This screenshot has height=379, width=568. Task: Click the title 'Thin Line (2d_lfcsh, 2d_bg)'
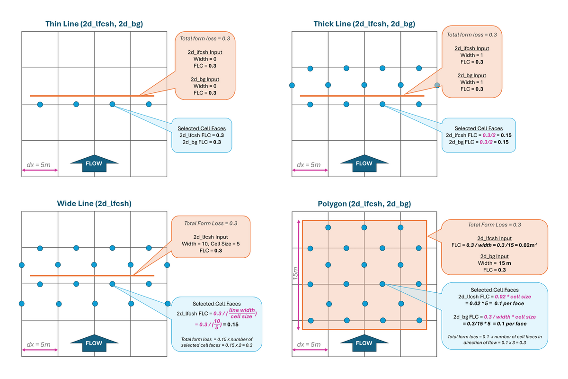[x=94, y=23]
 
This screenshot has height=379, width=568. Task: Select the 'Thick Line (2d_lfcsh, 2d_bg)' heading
[x=364, y=23]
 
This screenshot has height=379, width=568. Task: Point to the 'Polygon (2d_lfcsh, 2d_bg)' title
[x=364, y=204]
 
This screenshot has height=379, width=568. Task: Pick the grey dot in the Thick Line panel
[x=437, y=85]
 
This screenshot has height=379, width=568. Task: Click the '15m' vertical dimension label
[x=295, y=275]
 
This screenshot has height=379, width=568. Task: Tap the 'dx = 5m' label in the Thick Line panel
[x=309, y=165]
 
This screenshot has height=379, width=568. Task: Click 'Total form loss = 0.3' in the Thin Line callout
[x=205, y=38]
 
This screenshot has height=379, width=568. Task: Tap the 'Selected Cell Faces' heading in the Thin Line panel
[x=201, y=128]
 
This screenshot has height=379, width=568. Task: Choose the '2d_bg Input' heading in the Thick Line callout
[x=472, y=75]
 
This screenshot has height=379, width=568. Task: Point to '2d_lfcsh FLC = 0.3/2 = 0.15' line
[x=479, y=135]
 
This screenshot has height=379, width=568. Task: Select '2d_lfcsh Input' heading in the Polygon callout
[x=494, y=238]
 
